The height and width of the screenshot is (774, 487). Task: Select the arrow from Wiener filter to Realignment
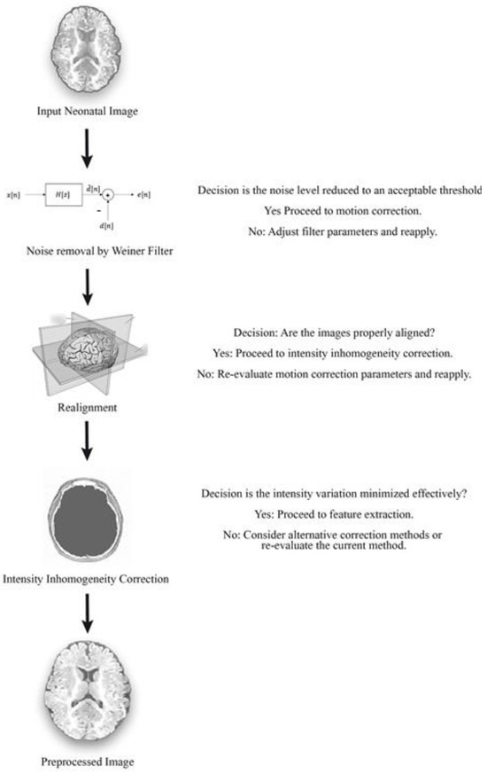point(87,286)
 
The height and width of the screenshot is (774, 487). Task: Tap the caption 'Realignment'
point(87,410)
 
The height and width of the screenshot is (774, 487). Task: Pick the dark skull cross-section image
point(86,519)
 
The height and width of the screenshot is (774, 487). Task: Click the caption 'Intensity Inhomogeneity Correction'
point(87,580)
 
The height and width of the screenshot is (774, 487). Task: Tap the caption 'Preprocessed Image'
point(87,761)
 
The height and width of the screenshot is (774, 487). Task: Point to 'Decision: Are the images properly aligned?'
point(340,337)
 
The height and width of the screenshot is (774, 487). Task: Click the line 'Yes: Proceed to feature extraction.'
point(340,515)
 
